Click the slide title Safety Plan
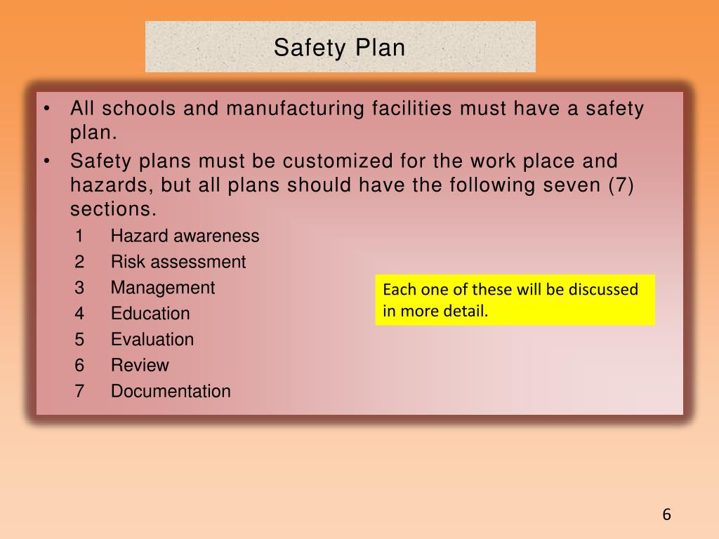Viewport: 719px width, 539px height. tap(340, 48)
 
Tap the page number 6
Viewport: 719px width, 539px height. tap(666, 514)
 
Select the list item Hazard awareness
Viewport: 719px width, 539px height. tap(185, 237)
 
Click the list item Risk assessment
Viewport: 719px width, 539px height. tap(178, 262)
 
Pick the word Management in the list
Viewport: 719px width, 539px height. tap(163, 288)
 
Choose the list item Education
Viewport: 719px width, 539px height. tap(150, 314)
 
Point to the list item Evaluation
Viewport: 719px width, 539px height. tap(152, 340)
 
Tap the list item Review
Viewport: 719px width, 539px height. tap(140, 366)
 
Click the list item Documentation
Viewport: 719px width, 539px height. tap(171, 392)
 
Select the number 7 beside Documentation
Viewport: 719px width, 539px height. tap(79, 392)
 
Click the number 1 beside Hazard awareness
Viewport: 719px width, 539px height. tap(79, 237)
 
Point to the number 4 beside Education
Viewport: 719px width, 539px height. tap(79, 314)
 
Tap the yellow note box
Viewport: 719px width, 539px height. tap(515, 300)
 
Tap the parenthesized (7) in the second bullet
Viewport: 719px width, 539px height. tap(621, 185)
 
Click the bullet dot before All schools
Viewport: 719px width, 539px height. tap(46, 109)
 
